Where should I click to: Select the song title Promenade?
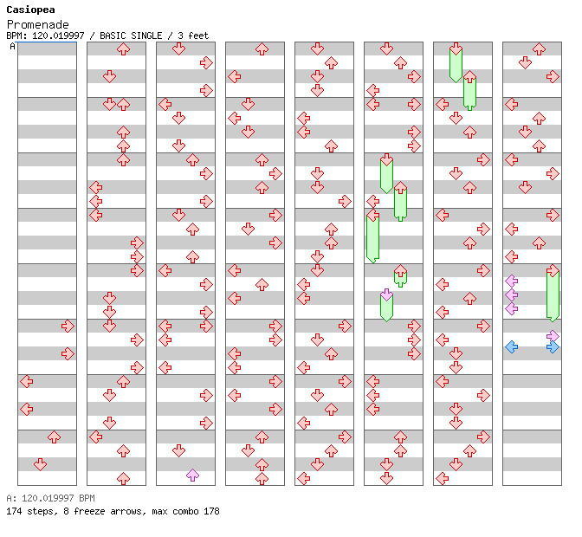click(37, 24)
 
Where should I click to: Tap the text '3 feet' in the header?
click(192, 36)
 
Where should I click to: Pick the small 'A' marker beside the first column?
click(12, 47)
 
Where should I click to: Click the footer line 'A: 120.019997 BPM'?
click(50, 499)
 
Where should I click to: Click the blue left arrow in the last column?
click(511, 346)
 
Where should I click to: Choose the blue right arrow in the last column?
click(553, 346)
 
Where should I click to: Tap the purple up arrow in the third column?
click(192, 475)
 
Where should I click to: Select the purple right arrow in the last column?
click(553, 335)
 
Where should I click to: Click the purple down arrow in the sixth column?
click(386, 294)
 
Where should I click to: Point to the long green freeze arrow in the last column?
click(553, 294)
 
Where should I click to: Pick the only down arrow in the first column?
click(40, 464)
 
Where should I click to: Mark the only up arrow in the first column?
click(54, 437)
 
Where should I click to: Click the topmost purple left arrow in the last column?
click(511, 281)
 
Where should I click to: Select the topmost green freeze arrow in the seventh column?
click(456, 64)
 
